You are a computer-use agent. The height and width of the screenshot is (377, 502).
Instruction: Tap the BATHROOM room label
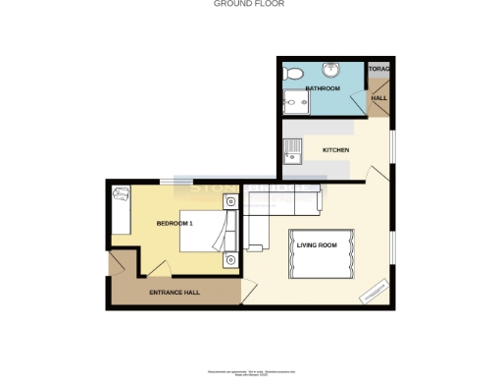322,89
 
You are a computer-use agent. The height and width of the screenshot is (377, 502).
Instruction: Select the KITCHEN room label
337,149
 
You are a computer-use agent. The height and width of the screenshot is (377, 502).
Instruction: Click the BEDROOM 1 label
176,224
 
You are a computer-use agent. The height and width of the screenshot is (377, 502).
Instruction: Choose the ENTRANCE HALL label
174,294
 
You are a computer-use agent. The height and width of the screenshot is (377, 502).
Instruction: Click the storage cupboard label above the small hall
379,69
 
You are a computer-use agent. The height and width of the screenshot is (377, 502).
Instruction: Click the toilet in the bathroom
291,74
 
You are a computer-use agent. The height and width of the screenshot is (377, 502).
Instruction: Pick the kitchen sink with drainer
290,151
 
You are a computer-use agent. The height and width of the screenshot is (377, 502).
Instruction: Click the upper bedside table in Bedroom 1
229,202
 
